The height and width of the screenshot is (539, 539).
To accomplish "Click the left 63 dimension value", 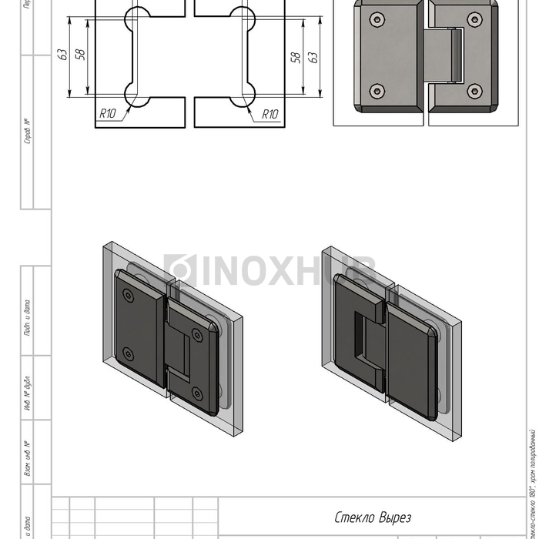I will pos(62,55).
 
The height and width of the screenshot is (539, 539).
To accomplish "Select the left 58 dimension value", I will pos(80,55).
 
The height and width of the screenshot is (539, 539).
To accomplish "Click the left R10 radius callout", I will pos(108,113).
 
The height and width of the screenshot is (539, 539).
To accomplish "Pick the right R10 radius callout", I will pos(269,114).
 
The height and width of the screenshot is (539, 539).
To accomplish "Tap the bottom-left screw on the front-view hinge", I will pos(376,92).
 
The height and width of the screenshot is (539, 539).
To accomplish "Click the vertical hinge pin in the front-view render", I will pos(457,55).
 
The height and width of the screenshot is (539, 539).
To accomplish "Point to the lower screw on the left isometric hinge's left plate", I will pos(128,354).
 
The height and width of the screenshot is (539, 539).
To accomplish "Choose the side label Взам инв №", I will pos(27,458).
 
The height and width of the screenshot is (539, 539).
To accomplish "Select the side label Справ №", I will pos(27,131).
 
